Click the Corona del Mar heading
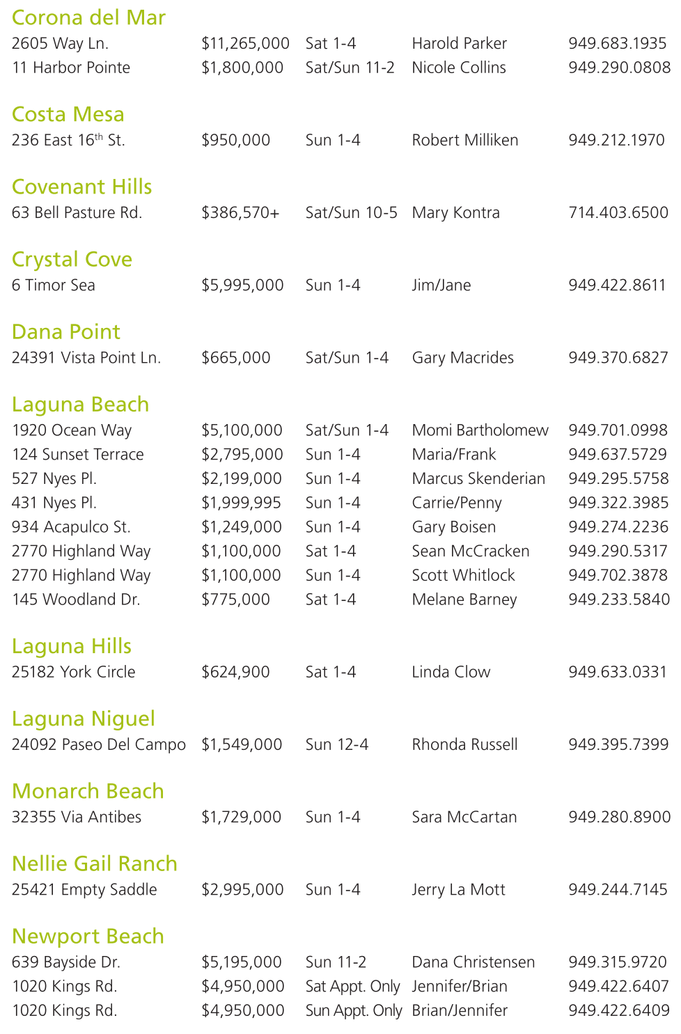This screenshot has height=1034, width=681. (x=88, y=17)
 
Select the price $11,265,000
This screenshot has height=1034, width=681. (x=245, y=43)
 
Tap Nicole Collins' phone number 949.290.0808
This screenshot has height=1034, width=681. (x=619, y=68)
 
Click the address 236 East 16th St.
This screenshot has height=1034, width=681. (x=68, y=140)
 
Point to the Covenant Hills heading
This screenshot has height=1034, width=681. (x=82, y=187)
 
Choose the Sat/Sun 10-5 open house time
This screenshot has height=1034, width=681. (x=351, y=212)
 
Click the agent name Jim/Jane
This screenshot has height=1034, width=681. (x=441, y=285)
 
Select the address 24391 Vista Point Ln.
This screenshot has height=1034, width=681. (x=86, y=357)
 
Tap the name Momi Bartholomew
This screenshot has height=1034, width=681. (x=480, y=430)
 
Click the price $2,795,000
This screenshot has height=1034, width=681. (x=242, y=454)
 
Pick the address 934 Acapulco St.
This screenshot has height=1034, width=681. (x=71, y=527)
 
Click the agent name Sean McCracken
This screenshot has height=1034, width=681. (x=470, y=551)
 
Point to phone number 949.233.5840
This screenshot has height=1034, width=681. (x=619, y=600)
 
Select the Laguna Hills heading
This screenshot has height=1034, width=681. (x=72, y=646)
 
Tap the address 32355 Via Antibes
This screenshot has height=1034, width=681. (x=77, y=817)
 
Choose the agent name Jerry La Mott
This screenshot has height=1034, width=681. (x=458, y=889)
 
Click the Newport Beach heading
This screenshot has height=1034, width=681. (x=88, y=937)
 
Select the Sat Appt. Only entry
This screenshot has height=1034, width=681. (x=352, y=986)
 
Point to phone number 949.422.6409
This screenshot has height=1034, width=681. (x=618, y=1010)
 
